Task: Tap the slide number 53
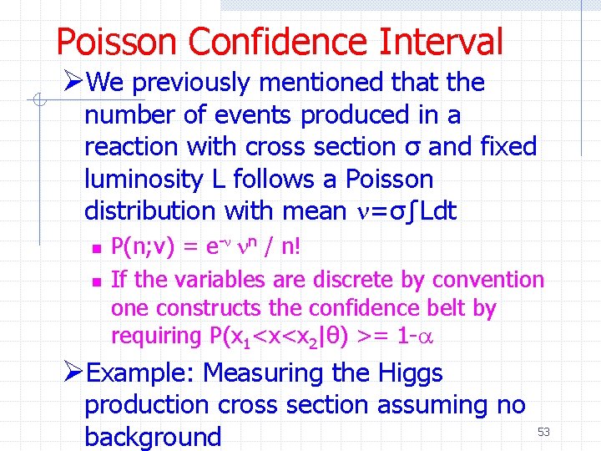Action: point(544,431)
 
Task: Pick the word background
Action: point(153,436)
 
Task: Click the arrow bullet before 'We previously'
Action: point(73,83)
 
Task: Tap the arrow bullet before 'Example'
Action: point(73,372)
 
